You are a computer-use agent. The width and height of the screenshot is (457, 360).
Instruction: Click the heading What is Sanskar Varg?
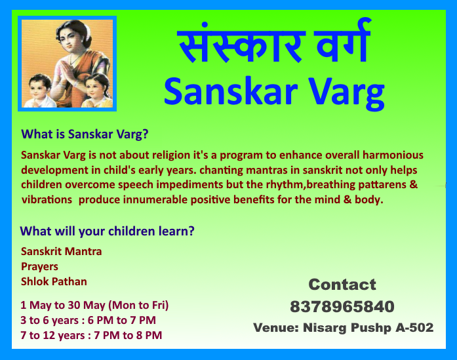coord(85,134)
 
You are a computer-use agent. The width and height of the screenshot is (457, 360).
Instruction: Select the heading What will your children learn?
coord(107,231)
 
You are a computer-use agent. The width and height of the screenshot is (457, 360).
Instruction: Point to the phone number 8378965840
coord(342,306)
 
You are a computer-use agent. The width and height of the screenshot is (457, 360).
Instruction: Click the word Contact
coord(342,285)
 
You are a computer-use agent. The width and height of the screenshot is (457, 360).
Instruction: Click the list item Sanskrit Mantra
coord(62,251)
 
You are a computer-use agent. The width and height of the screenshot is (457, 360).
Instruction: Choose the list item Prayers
coord(39,267)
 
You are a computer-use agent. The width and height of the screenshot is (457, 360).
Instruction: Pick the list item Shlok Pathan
coord(54,282)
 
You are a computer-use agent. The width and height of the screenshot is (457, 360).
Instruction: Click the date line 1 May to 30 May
coord(95,305)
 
